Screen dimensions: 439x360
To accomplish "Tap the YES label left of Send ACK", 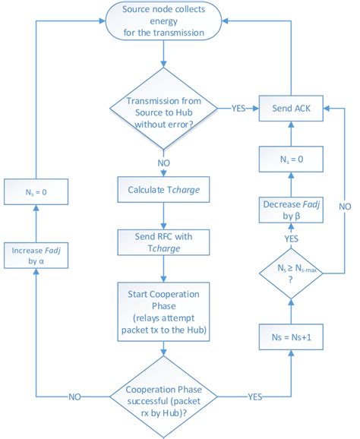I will tap(238, 109).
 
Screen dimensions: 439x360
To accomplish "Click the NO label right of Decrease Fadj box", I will tap(345, 205).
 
